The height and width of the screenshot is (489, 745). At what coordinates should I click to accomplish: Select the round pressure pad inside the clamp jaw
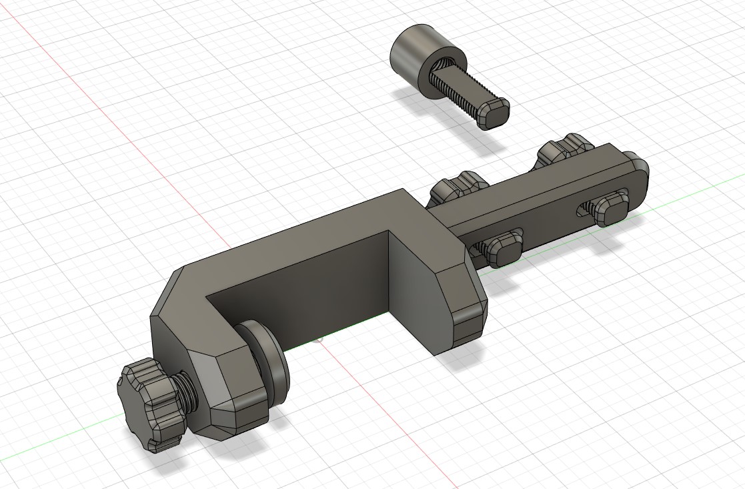click(x=267, y=364)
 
